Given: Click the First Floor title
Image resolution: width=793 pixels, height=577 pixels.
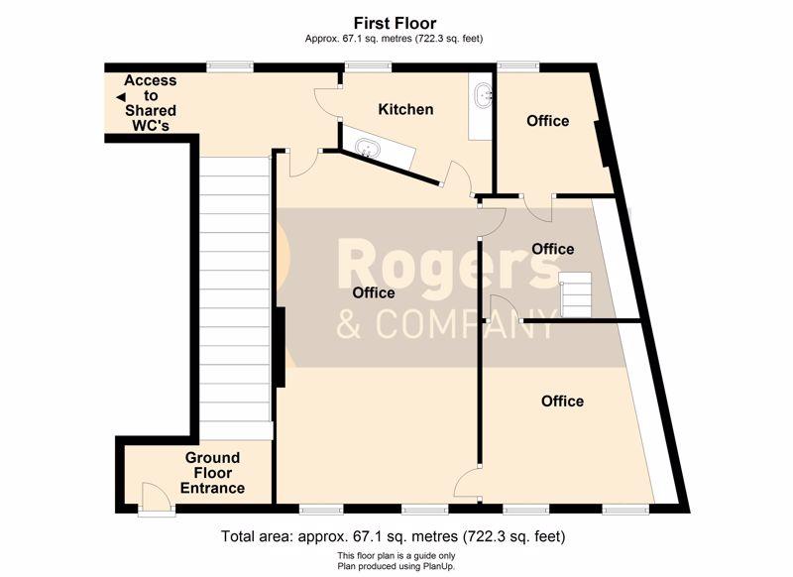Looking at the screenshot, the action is coord(395,23).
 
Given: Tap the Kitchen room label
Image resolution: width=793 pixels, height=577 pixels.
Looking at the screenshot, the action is coord(405,109).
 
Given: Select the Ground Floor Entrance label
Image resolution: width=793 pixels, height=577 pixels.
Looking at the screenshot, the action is coord(212,473).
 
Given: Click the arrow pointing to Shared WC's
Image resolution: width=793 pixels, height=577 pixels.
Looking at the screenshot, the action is coord(120,97).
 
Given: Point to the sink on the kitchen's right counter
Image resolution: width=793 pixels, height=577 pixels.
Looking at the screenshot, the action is coord(484,95).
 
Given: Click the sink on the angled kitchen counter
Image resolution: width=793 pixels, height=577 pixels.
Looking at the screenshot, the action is coord(368,148).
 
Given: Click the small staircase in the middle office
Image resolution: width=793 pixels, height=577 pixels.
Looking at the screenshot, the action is coord(576,294).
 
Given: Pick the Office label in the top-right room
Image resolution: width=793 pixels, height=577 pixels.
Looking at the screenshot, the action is coord(548,121).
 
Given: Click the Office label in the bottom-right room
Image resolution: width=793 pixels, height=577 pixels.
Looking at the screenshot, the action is coord(562,401).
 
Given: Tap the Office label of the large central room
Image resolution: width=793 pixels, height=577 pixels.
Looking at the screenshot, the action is coord(374,292).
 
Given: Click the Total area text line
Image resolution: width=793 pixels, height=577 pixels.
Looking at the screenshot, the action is coord(393,536).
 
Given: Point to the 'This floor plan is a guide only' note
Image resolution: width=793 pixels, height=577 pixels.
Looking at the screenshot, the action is coord(396,556).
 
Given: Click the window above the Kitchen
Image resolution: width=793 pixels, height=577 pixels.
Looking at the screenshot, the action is coord(368,65).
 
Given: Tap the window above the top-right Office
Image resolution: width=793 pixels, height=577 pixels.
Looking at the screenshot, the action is coord(517,65).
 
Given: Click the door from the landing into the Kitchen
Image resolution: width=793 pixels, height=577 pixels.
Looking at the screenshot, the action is coord(326,105).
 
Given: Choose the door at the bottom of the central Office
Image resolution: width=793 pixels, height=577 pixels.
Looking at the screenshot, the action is coord(466,483).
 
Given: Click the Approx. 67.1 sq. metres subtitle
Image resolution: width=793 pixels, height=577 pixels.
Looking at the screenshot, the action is coord(394,39).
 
